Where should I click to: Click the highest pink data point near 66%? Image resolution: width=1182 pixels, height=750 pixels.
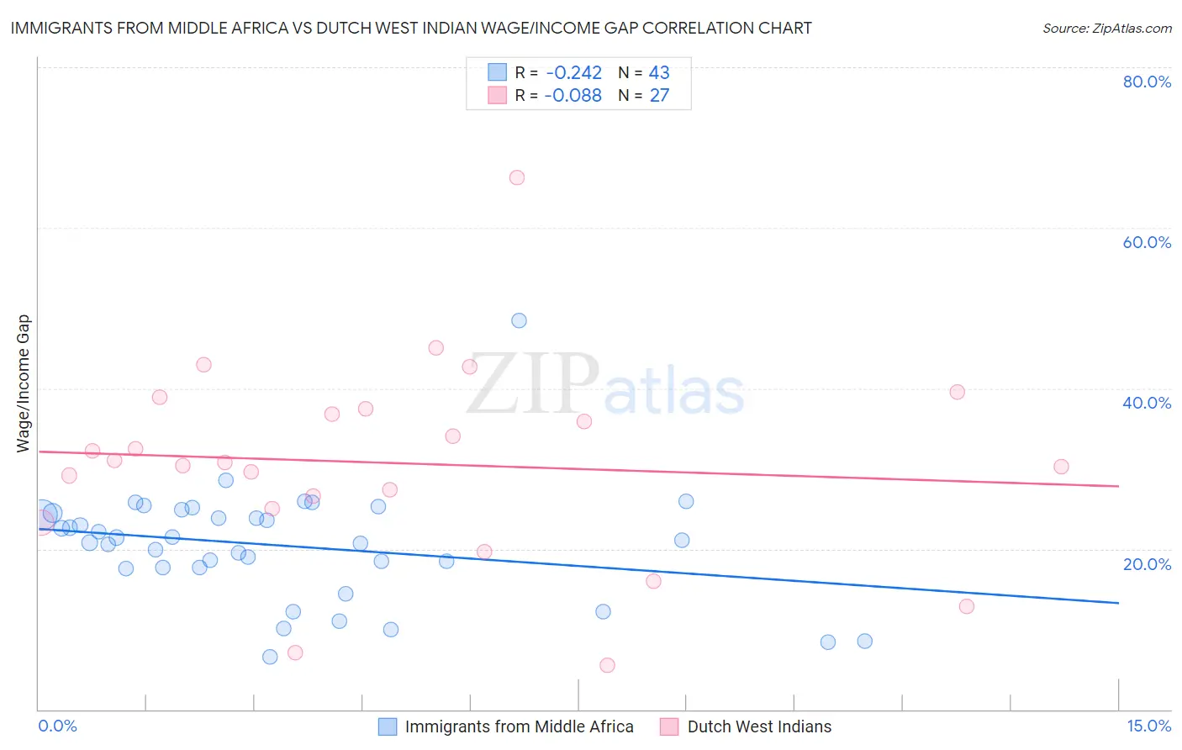point(517,177)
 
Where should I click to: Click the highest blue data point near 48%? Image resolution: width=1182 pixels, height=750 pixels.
point(519,320)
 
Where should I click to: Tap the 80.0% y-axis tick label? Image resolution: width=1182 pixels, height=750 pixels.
point(1147,82)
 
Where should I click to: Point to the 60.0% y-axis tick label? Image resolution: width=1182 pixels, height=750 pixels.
point(1147,242)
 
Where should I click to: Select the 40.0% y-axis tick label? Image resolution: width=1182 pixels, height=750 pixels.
point(1147,403)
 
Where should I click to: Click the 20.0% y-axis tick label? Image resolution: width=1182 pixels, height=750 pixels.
point(1147,564)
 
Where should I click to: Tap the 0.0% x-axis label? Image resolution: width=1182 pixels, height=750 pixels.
point(57,726)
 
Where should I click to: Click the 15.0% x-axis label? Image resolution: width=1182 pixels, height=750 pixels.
point(1148,726)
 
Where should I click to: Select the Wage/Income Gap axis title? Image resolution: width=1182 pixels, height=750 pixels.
point(24,383)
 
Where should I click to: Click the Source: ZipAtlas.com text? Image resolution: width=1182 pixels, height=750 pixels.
point(1106,29)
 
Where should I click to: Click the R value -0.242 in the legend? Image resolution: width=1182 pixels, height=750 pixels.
point(573,73)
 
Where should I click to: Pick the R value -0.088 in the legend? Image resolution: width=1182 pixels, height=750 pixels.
point(573,96)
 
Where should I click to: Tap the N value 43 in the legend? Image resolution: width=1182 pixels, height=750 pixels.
point(659,73)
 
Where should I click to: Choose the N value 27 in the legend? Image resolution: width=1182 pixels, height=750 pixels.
point(659,96)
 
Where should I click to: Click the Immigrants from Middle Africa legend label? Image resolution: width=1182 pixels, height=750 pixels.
point(519,726)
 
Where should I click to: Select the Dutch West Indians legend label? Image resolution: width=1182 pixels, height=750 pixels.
point(759,726)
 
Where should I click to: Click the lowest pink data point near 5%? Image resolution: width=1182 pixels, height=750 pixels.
point(607,665)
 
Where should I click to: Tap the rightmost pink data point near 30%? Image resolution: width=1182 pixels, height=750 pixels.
point(1061,467)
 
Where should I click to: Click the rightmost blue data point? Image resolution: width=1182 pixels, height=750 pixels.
point(864,641)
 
